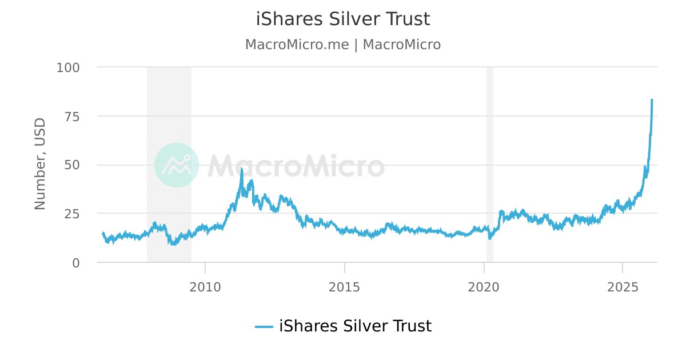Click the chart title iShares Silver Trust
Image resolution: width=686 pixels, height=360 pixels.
(343, 19)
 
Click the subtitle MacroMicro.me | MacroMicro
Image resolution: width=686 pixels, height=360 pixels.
(343, 45)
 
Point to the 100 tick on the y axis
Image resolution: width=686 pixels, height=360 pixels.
(68, 67)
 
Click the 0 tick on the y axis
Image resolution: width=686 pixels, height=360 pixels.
(75, 263)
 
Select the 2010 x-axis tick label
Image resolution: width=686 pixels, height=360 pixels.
(205, 287)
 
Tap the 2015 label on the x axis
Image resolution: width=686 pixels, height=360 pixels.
(345, 287)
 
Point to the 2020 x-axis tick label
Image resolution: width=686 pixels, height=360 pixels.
(484, 287)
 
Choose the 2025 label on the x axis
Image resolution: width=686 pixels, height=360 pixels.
(623, 287)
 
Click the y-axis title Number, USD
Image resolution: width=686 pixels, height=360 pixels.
(40, 165)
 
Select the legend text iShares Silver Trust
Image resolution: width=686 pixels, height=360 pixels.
(355, 326)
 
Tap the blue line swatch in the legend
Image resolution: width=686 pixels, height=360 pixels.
(264, 327)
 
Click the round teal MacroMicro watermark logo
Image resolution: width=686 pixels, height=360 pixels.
(177, 165)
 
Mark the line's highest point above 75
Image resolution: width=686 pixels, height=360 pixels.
(652, 100)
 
